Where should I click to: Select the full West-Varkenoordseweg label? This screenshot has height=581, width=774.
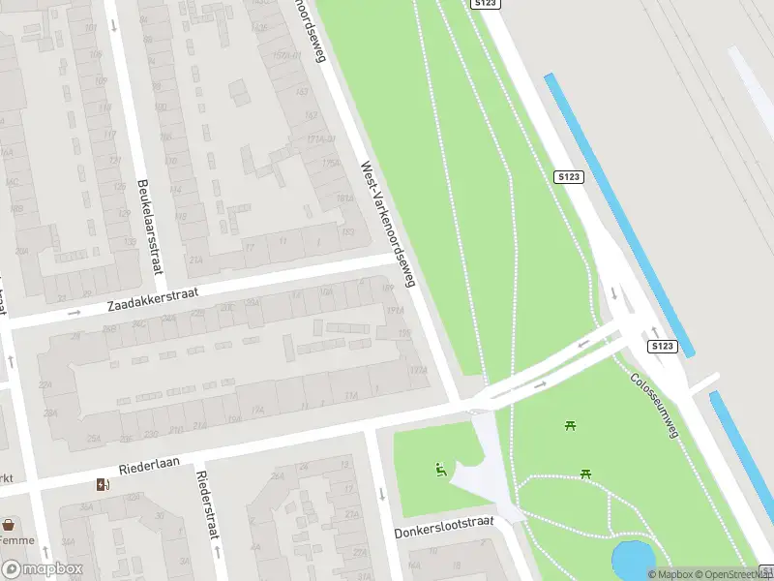(x=388, y=224)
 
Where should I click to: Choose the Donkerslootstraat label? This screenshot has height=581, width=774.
(x=444, y=528)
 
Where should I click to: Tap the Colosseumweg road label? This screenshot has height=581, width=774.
(x=655, y=406)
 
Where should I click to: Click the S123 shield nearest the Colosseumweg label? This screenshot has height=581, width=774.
(x=662, y=346)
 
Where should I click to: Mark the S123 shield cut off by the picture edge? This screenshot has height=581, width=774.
(x=486, y=4)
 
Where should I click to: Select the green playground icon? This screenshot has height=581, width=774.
(x=441, y=472)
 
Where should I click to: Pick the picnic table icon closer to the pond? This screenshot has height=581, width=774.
(x=585, y=473)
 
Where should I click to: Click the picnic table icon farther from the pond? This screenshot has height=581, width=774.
(x=570, y=424)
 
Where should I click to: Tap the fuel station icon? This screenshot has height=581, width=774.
(x=103, y=485)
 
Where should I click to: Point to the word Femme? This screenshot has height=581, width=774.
(x=17, y=540)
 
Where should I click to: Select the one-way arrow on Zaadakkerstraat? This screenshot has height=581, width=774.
(x=74, y=313)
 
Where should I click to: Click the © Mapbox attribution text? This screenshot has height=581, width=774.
(x=675, y=574)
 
